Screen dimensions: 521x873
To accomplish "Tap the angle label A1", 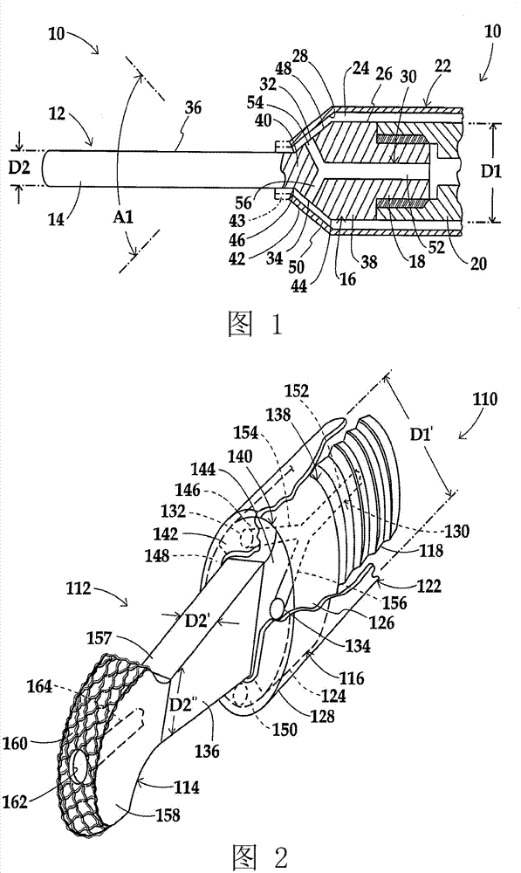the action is coord(123,217).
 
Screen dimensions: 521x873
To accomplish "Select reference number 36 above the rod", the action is coord(193,108).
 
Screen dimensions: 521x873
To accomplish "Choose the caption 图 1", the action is coord(256,324).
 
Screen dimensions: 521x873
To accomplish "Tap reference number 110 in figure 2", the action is coord(485,399).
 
